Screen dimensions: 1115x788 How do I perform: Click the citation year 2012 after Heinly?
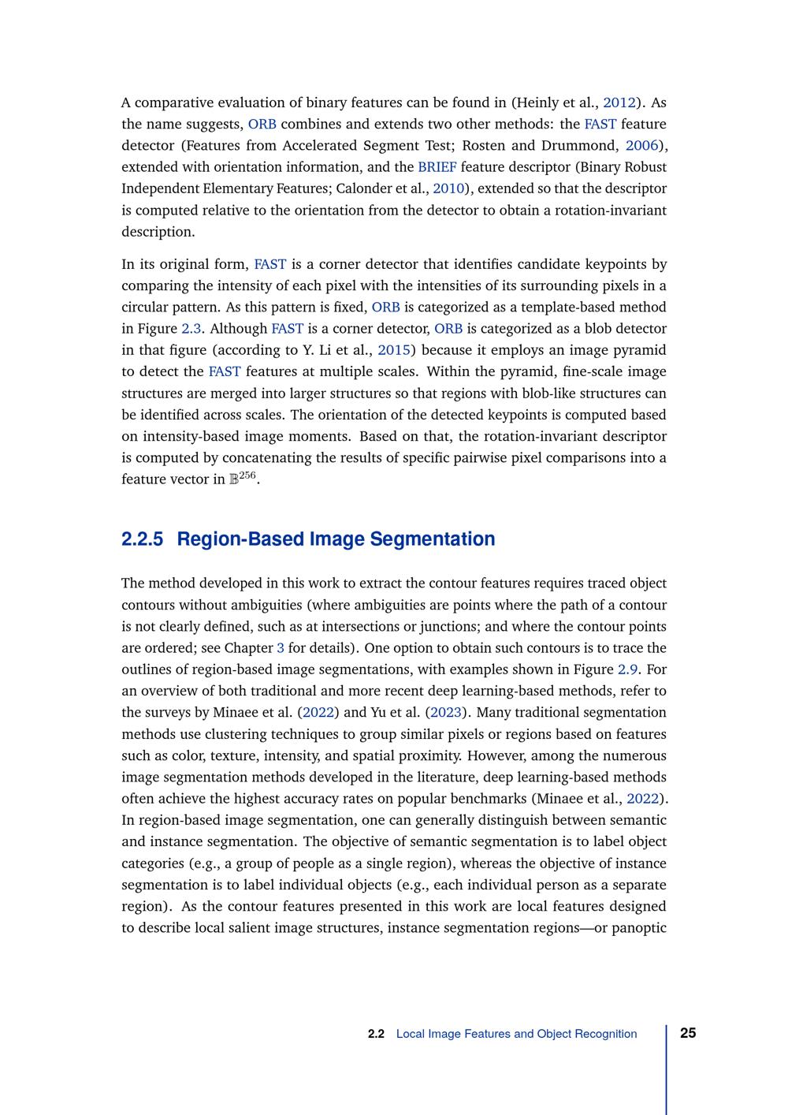[x=619, y=103]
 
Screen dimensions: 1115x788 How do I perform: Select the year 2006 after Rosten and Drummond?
[x=641, y=146]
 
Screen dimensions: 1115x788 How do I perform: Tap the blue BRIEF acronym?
[x=437, y=167]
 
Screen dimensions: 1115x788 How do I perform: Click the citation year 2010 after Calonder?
[x=448, y=188]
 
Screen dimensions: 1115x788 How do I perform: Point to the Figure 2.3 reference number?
[x=191, y=329]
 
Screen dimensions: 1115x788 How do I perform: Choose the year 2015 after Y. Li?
[x=394, y=350]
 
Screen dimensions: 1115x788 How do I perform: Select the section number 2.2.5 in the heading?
[x=143, y=539]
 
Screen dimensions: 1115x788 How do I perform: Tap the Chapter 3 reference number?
[x=281, y=648]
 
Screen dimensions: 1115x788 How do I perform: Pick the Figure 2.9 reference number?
[x=627, y=669]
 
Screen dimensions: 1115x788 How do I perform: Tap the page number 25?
[x=688, y=1033]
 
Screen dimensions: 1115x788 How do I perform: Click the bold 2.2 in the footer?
[x=376, y=1034]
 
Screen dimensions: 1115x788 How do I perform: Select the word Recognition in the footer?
[x=606, y=1034]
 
